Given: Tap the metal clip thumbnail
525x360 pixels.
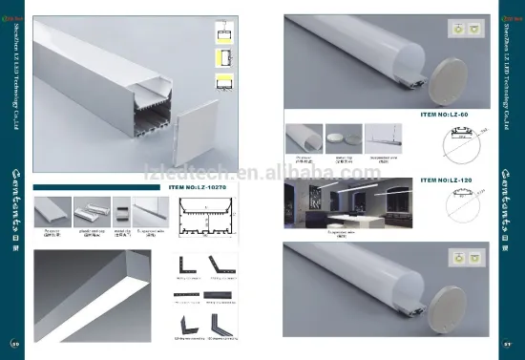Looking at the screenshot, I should pyautogui.click(x=122, y=211).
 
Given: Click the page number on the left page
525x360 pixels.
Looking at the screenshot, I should pyautogui.click(x=14, y=344).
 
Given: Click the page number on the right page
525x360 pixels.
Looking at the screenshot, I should pyautogui.click(x=510, y=344).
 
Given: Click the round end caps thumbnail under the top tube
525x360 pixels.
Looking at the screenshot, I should pyautogui.click(x=341, y=138).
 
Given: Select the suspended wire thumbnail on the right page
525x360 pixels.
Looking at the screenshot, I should pyautogui.click(x=385, y=138).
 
